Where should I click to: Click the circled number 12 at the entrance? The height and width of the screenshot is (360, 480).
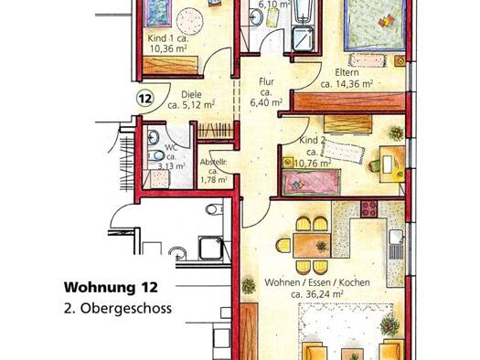click(x=144, y=99)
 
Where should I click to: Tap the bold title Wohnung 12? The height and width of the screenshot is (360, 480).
click(x=111, y=287)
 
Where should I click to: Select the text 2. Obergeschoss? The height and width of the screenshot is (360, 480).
click(x=118, y=308)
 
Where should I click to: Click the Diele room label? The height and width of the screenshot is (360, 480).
click(x=191, y=94)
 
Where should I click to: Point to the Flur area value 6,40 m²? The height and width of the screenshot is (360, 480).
click(x=266, y=102)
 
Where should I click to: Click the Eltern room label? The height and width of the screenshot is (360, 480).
click(x=347, y=72)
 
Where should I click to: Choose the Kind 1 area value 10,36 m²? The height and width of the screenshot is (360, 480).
click(x=168, y=48)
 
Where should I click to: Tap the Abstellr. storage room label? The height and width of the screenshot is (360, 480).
click(x=213, y=163)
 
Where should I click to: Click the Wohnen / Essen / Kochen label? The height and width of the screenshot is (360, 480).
click(x=317, y=282)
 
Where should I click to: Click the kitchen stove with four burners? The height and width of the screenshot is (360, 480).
click(x=368, y=208)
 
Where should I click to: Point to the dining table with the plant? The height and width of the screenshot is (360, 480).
click(x=313, y=245)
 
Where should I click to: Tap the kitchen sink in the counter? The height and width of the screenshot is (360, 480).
click(x=396, y=237)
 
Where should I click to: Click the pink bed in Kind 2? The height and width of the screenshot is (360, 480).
click(x=311, y=183)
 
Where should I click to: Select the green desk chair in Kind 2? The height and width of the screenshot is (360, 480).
click(x=374, y=165)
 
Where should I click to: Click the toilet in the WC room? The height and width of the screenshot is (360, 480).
click(x=156, y=156)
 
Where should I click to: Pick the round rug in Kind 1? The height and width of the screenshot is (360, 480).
click(x=190, y=21)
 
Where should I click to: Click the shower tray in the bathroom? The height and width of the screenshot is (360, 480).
click(x=303, y=39)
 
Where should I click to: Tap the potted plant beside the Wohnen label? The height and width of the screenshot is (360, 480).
click(x=249, y=286)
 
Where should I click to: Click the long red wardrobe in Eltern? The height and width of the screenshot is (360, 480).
click(x=349, y=101)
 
